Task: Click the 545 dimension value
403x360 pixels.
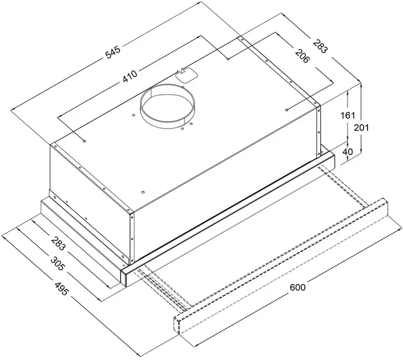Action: pyautogui.click(x=113, y=52)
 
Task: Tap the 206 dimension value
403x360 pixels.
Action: pyautogui.click(x=302, y=56)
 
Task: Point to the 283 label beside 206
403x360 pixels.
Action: pyautogui.click(x=321, y=46)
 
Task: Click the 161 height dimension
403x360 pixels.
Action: pyautogui.click(x=348, y=115)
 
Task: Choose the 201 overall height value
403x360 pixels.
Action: pyautogui.click(x=361, y=127)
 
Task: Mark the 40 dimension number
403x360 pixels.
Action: pyautogui.click(x=348, y=151)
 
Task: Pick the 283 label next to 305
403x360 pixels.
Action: pyautogui.click(x=59, y=243)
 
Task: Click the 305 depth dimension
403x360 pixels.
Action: pyautogui.click(x=57, y=263)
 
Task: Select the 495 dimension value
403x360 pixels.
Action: pyautogui.click(x=62, y=288)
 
